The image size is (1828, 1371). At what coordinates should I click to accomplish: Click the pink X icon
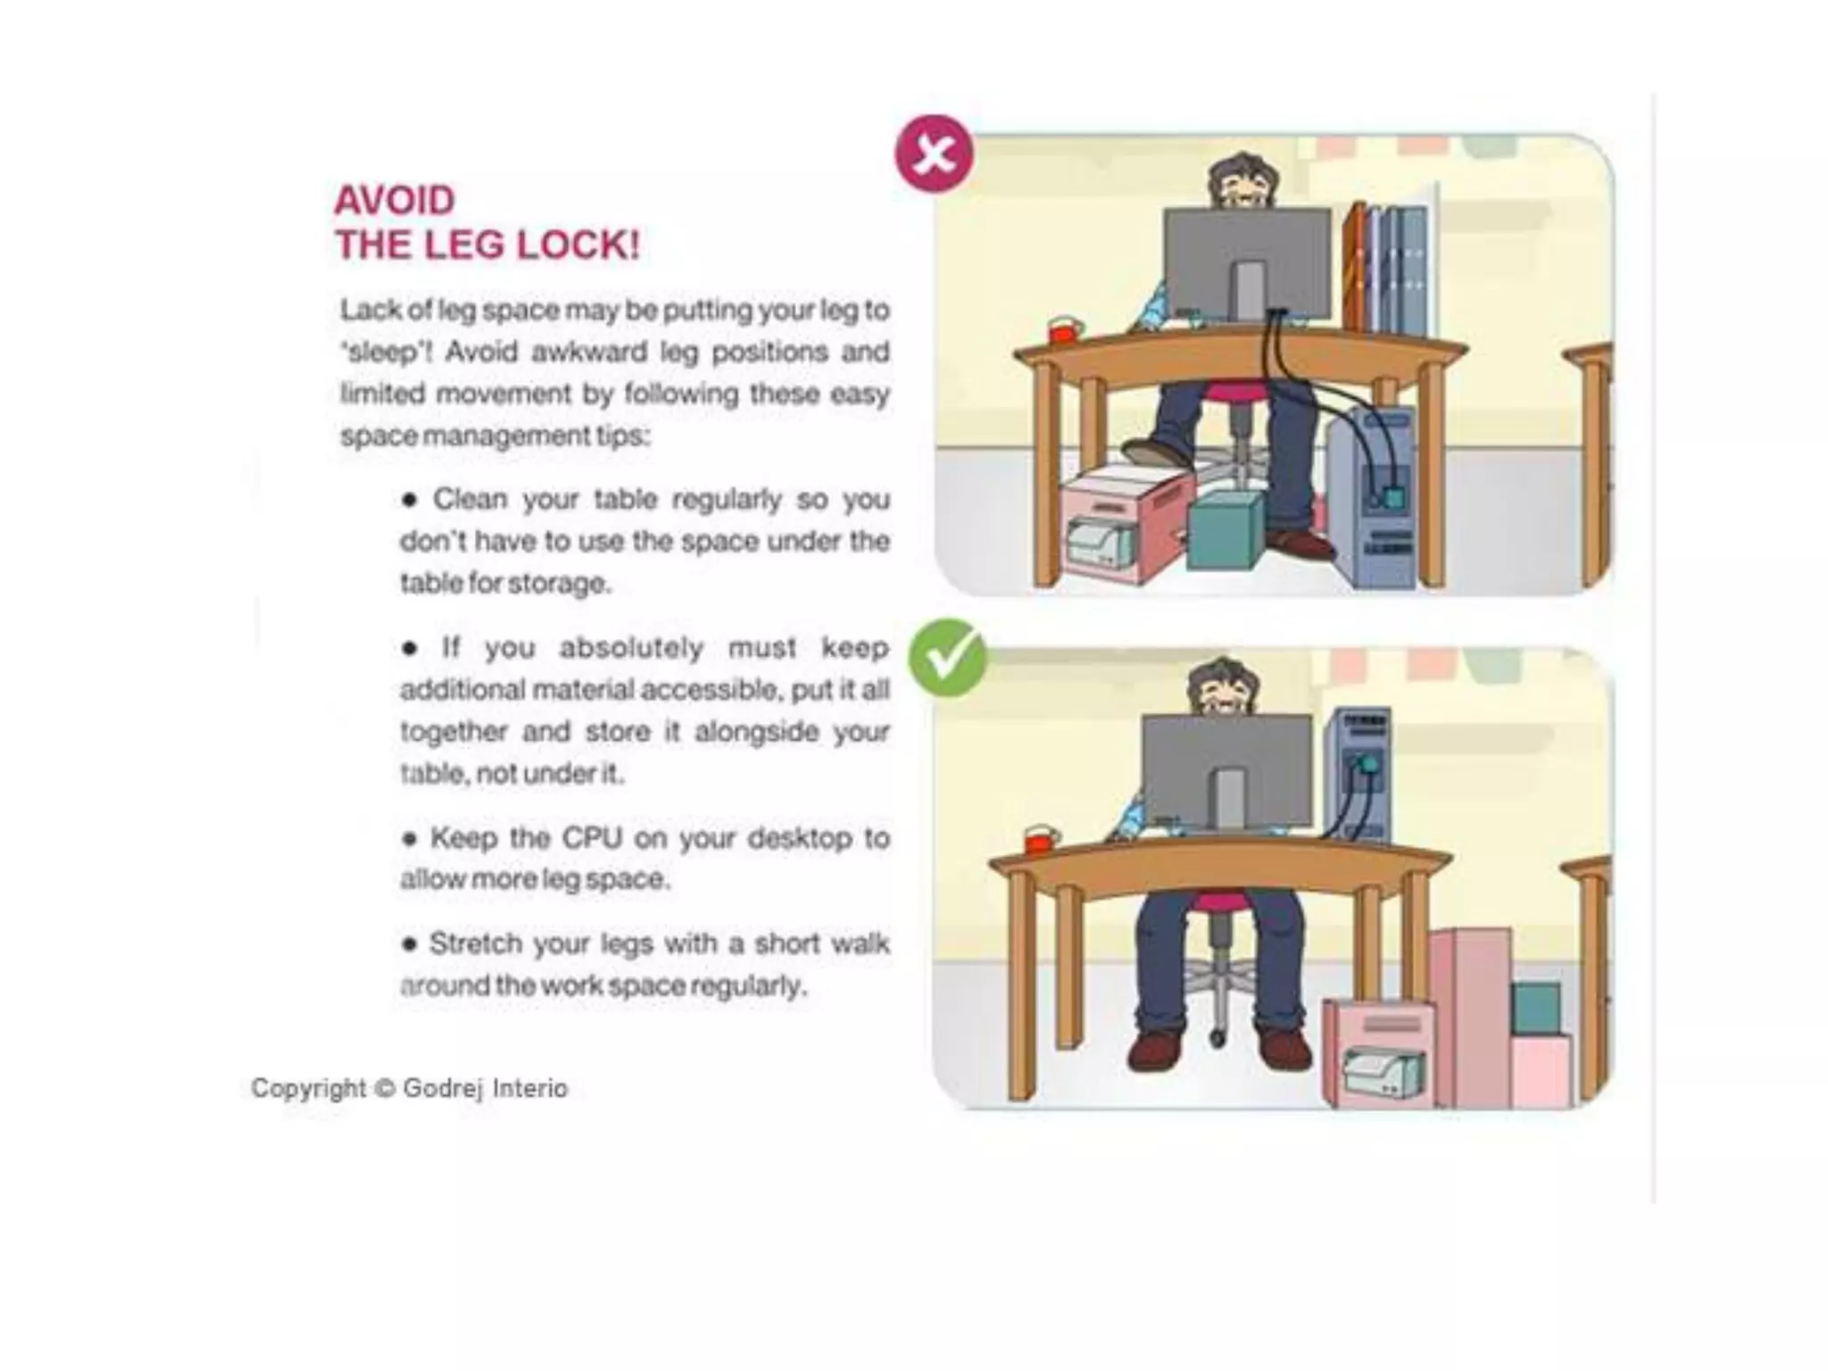pyautogui.click(x=934, y=154)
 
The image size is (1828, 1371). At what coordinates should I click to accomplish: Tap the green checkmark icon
pyautogui.click(x=946, y=659)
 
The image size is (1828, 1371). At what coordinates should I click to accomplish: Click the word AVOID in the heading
pyautogui.click(x=395, y=201)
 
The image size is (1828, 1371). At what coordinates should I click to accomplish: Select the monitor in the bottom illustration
pyautogui.click(x=1226, y=769)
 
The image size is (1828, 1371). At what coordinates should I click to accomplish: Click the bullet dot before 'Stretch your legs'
pyautogui.click(x=410, y=943)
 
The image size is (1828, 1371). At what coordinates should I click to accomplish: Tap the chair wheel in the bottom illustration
pyautogui.click(x=1217, y=1039)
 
